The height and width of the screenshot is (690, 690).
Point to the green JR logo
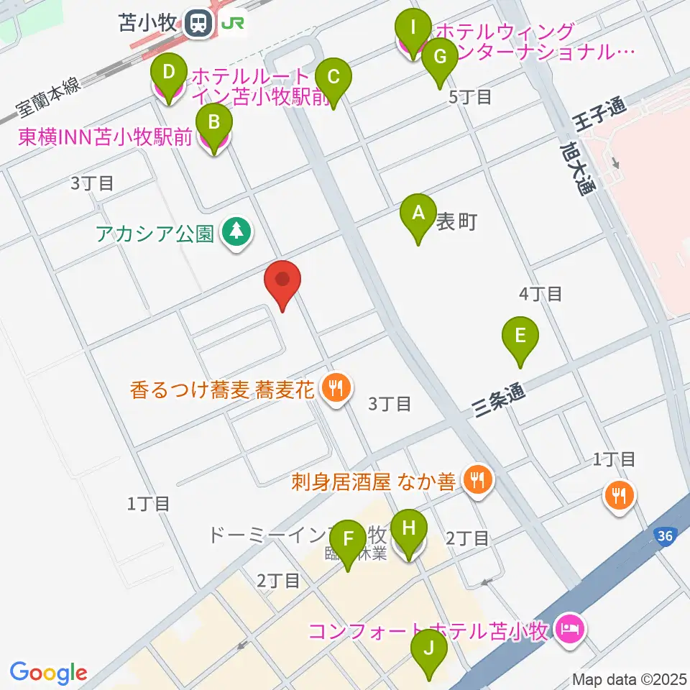pos(234,24)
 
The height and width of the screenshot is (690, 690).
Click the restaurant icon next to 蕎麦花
pos(335,390)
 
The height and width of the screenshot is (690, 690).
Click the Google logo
pos(48,673)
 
